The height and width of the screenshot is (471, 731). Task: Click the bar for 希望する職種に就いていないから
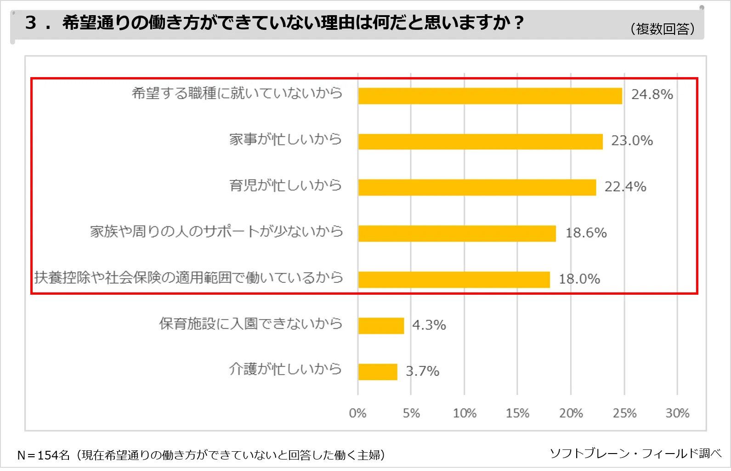coord(490,96)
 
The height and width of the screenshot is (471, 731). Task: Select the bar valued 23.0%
coord(480,141)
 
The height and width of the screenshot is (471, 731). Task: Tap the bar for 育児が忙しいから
coord(477,187)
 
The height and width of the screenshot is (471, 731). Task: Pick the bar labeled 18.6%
coord(457,233)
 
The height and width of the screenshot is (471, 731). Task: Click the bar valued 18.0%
coord(453,280)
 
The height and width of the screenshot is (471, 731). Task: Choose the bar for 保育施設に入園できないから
coord(381,325)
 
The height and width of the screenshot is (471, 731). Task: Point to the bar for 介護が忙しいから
coord(378,372)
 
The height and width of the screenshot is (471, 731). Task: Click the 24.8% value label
coord(652,95)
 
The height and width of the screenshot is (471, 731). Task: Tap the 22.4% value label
coord(625,187)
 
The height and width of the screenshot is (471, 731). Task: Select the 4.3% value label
coord(429,325)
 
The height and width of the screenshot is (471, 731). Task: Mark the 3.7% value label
coord(422,371)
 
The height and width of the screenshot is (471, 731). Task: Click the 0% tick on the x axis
coord(357,413)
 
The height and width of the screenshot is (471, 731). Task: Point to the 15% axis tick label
coord(517,413)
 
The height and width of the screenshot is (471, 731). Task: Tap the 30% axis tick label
coord(677,413)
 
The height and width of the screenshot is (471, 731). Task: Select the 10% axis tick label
coord(465,413)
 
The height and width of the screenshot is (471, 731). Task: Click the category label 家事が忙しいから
coord(285,139)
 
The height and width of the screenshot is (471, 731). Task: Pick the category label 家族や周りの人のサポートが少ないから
coord(216,231)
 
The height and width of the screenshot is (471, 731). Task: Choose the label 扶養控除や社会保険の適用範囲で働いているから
coord(188,277)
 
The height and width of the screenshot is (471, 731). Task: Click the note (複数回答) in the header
coord(663,29)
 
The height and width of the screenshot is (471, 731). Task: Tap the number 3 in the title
coord(30,22)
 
